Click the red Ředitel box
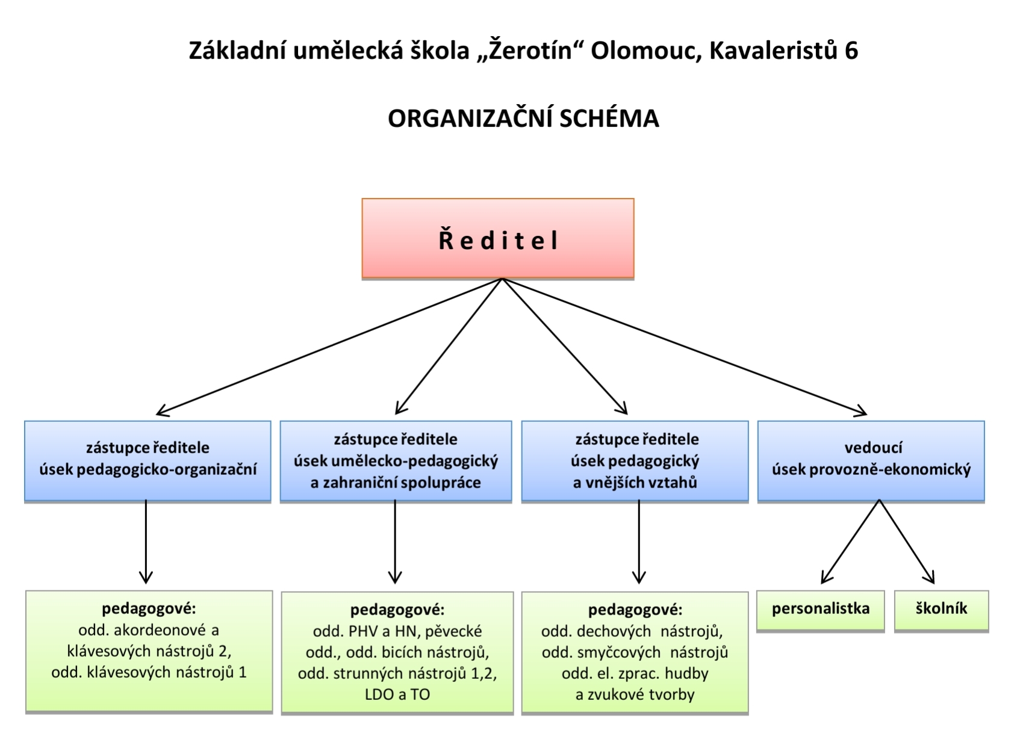(x=497, y=238)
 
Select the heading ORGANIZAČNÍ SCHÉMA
(x=523, y=119)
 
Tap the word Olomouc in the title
(x=645, y=51)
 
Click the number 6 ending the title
(x=851, y=51)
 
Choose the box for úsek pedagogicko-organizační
(x=148, y=461)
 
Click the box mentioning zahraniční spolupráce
(x=396, y=461)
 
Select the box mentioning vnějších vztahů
(x=635, y=461)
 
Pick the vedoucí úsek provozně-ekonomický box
(x=871, y=461)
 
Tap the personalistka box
(x=821, y=611)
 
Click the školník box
(x=941, y=611)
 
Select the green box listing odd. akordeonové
(x=149, y=651)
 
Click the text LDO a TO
(x=397, y=694)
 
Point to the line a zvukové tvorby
(x=635, y=694)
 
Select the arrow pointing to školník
(x=907, y=542)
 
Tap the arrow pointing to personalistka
(x=850, y=542)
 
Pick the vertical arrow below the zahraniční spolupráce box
(x=395, y=542)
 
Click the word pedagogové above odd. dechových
(x=635, y=610)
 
